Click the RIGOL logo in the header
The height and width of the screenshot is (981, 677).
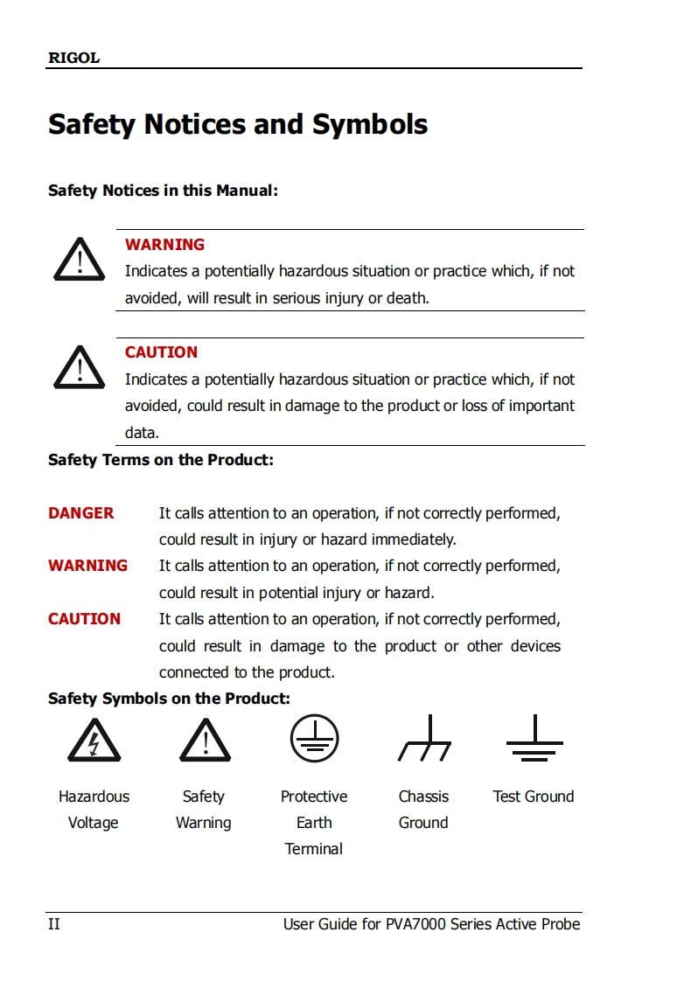click(73, 59)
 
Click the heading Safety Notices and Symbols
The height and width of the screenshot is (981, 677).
click(238, 124)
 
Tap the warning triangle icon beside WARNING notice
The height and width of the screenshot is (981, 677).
click(80, 259)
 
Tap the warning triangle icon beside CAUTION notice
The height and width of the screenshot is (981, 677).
click(80, 367)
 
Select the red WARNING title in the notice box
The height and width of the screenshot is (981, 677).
click(164, 245)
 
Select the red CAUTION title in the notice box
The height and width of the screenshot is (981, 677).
click(161, 352)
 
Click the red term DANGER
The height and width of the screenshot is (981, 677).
click(81, 513)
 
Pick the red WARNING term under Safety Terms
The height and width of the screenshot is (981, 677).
click(87, 566)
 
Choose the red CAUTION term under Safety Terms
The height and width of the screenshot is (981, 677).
click(84, 619)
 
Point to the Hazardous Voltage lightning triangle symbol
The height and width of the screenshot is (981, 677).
click(94, 741)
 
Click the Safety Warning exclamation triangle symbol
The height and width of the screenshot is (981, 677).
click(205, 741)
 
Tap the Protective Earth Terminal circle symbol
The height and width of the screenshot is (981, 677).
click(314, 739)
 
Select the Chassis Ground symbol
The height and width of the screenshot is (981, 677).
click(424, 740)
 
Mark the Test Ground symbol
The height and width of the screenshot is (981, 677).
click(534, 740)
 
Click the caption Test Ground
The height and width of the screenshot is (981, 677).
click(534, 797)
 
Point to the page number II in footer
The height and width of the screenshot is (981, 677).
click(54, 924)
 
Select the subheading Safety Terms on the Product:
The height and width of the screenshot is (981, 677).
click(161, 460)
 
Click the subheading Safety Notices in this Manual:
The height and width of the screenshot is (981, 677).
click(163, 191)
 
